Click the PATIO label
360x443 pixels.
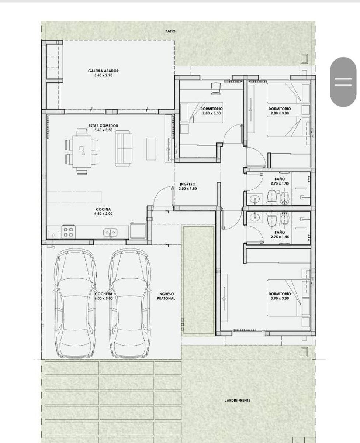170,31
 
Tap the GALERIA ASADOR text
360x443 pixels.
103,71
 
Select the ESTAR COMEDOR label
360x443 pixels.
103,126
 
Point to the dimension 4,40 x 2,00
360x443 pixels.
103,214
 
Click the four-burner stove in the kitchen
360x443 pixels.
68,232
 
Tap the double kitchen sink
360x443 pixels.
110,232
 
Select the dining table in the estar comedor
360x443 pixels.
82,152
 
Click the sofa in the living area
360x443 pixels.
124,148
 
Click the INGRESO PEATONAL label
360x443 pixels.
166,296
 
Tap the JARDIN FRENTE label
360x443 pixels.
238,401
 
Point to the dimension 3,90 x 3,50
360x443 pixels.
280,298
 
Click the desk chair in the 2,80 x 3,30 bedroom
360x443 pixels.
215,88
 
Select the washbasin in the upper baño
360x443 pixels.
254,199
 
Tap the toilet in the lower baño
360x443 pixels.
272,219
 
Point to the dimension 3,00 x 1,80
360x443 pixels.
188,189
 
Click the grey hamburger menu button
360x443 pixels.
343,82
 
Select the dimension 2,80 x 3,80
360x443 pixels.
280,113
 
